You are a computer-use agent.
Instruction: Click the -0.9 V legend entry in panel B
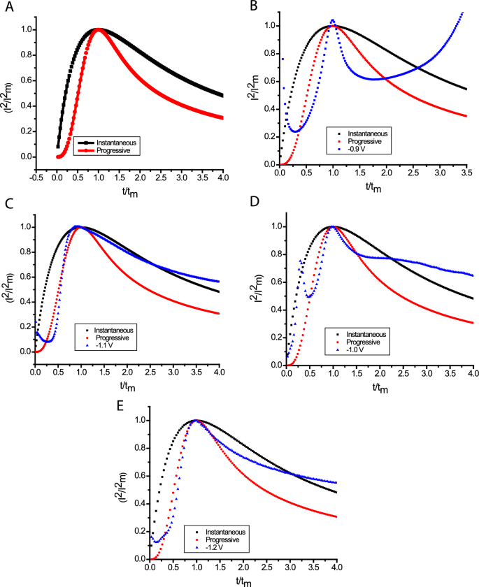point(366,149)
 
